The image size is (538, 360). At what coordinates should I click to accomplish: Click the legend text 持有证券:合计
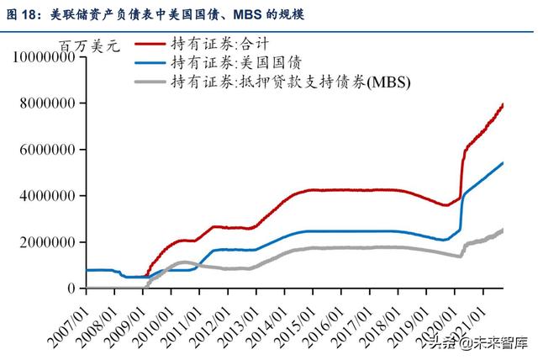click(x=213, y=43)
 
